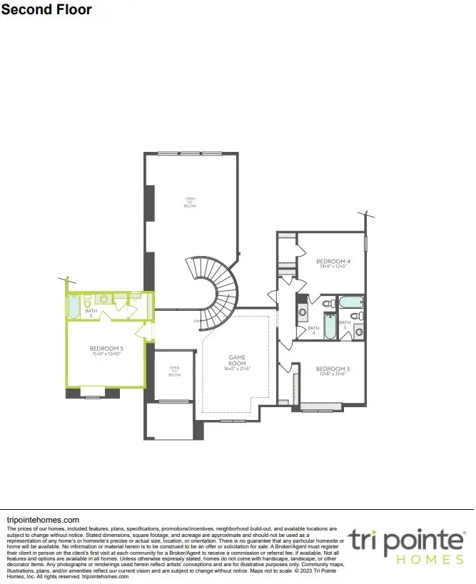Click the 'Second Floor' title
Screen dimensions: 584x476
click(46, 10)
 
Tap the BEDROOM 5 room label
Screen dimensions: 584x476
click(108, 349)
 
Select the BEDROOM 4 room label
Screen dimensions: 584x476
click(332, 261)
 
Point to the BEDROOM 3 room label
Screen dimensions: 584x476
click(332, 368)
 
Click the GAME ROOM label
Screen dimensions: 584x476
click(237, 359)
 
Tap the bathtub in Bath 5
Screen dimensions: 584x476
click(74, 307)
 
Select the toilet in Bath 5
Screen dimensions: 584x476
click(86, 301)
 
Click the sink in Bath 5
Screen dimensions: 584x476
click(103, 299)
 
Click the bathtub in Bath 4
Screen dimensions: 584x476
click(330, 327)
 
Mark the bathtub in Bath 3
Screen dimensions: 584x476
click(352, 302)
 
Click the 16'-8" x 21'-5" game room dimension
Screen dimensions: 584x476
click(238, 369)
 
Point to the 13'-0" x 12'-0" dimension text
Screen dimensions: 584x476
click(332, 267)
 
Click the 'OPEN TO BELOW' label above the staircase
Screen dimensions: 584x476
click(190, 203)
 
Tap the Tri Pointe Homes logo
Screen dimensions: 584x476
click(407, 545)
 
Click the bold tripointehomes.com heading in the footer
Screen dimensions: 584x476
click(42, 521)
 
